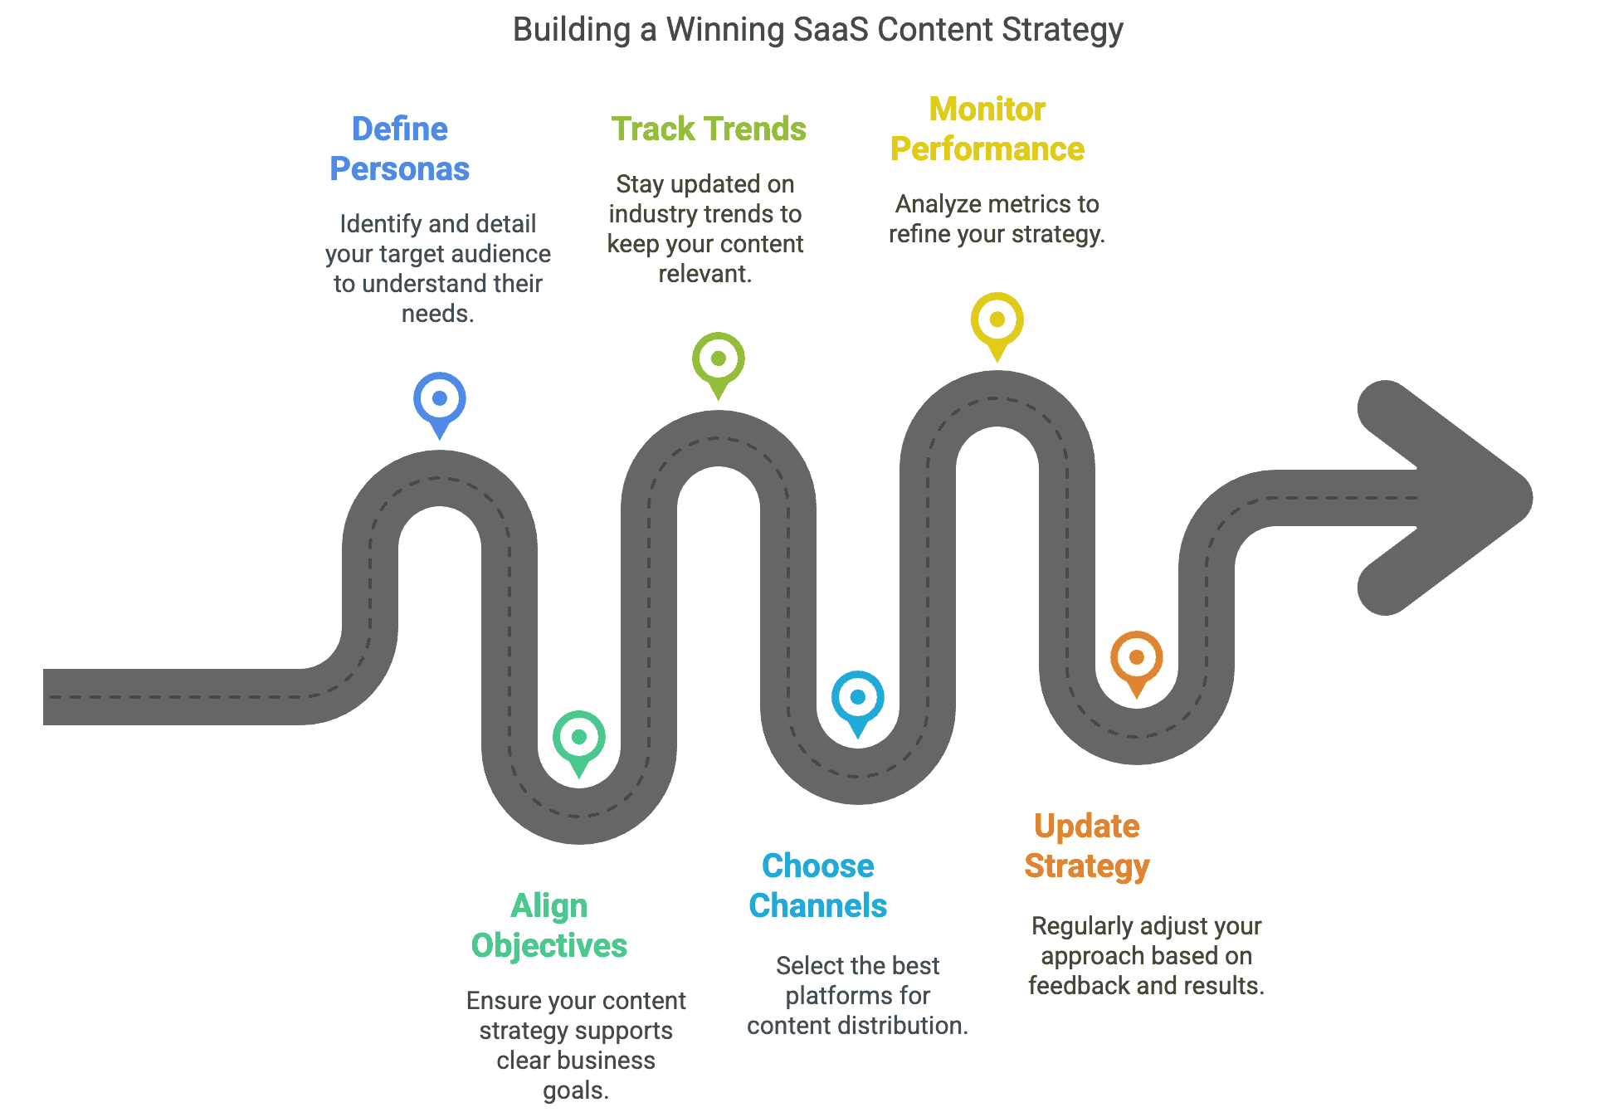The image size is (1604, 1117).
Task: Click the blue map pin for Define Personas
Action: [440, 403]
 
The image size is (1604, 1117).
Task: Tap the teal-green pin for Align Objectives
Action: [579, 742]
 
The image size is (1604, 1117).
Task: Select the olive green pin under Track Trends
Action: [719, 363]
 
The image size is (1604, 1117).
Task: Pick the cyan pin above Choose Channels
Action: [858, 702]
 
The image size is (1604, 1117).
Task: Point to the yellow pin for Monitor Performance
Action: [997, 324]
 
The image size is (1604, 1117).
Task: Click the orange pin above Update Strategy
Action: [1137, 662]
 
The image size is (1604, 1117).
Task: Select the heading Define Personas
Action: [400, 149]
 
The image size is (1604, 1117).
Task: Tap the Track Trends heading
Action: [709, 129]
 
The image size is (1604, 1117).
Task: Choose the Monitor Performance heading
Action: [987, 129]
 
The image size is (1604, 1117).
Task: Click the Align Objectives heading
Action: [549, 926]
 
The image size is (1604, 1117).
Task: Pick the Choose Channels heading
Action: [818, 886]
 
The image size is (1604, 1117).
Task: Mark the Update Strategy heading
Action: [1087, 846]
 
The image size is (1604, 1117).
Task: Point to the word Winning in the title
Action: [725, 31]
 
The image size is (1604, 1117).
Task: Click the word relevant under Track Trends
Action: [705, 274]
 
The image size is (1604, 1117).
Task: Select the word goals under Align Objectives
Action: [576, 1090]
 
